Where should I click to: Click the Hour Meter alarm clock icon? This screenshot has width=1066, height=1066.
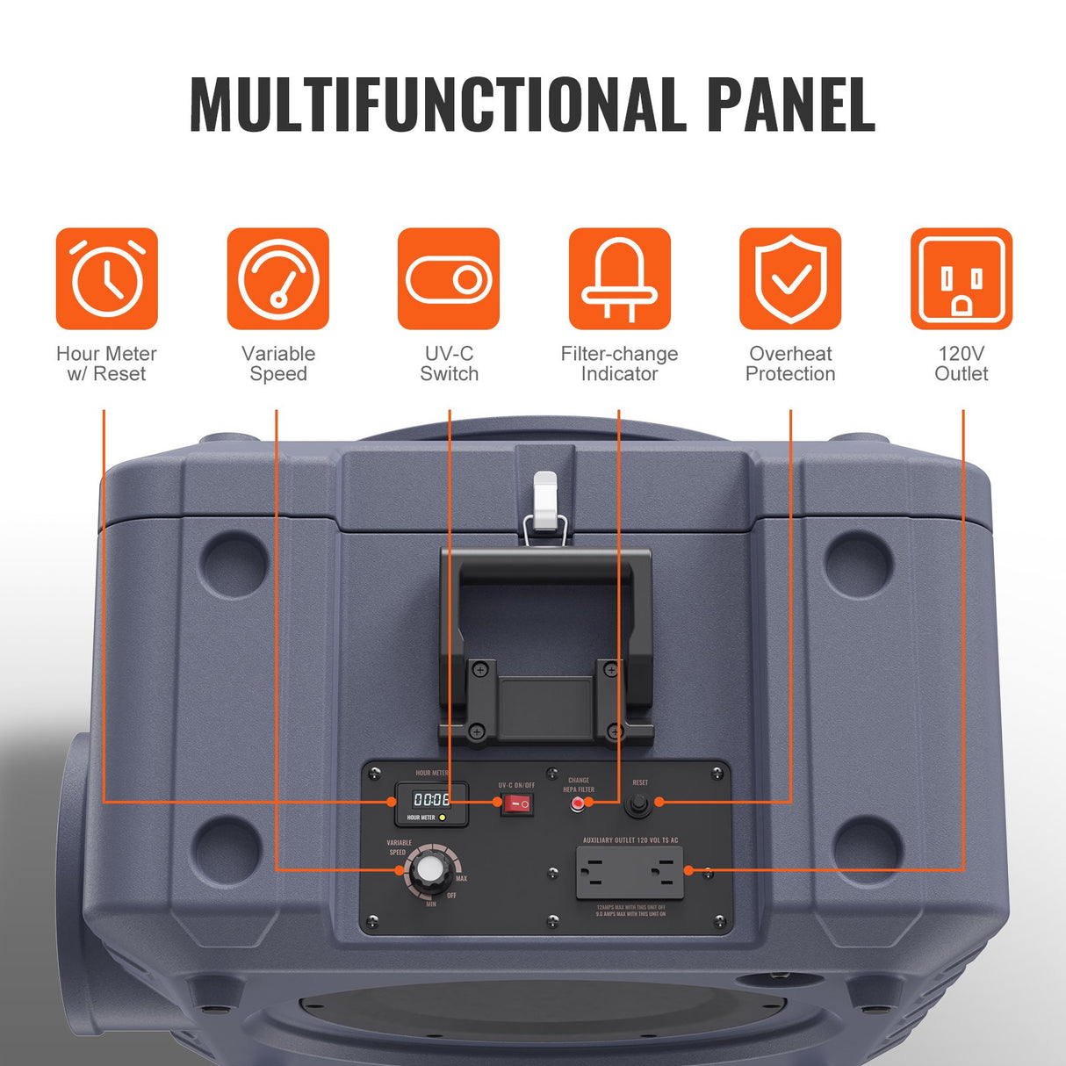[x=107, y=279]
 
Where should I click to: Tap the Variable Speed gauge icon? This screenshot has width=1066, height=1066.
[x=277, y=279]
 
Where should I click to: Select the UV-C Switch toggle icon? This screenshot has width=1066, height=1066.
[x=449, y=279]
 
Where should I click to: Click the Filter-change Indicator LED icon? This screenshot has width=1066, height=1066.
[x=619, y=279]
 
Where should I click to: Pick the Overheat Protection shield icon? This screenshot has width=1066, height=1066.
[x=790, y=279]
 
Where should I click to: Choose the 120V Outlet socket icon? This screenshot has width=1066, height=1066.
[x=961, y=279]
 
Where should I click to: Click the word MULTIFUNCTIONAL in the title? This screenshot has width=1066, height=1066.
[x=437, y=104]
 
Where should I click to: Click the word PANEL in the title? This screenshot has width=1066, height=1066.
[x=790, y=104]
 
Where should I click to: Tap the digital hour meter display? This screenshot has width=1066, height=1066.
[x=431, y=800]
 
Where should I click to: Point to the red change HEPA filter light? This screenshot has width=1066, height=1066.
[x=577, y=803]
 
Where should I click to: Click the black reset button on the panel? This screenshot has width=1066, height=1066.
[x=637, y=803]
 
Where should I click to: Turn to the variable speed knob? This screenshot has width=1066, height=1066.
[x=429, y=869]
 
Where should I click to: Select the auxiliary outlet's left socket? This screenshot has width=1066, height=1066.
[x=594, y=873]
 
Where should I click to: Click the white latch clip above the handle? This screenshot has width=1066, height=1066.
[x=545, y=501]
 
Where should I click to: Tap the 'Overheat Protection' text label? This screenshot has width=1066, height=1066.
[x=790, y=364]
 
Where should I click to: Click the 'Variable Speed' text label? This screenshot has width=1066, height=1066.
[x=277, y=364]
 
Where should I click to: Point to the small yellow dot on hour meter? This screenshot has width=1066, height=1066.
[x=443, y=818]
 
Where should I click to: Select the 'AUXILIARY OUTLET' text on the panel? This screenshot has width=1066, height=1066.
[x=630, y=840]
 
